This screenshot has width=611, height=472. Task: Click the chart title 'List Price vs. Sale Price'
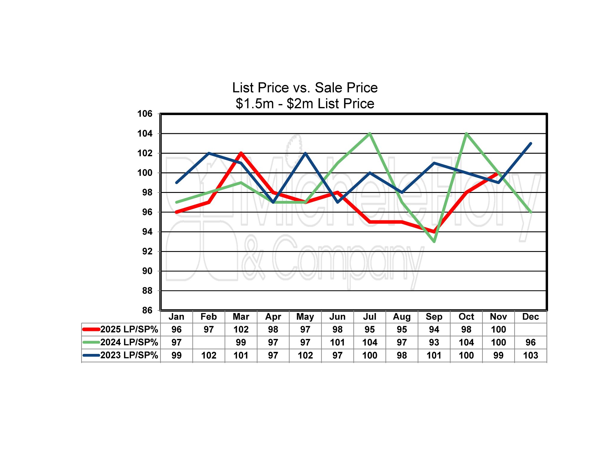[305, 88]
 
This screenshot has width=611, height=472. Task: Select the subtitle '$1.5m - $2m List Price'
[305, 104]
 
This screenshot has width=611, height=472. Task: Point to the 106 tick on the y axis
[145, 114]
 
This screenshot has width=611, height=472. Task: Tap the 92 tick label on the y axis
[147, 251]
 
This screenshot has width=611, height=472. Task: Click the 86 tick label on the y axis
[147, 310]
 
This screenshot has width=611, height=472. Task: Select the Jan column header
[176, 317]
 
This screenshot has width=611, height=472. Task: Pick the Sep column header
[434, 317]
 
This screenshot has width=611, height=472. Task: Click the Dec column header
[530, 317]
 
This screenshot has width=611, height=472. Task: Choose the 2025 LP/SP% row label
[129, 329]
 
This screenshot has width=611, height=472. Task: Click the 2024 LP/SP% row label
[129, 342]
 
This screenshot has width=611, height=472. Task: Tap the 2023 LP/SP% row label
[129, 355]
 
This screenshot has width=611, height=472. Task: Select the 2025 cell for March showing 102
[241, 329]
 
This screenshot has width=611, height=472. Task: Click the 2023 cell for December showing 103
[530, 355]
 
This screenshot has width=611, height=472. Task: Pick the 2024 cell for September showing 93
[434, 342]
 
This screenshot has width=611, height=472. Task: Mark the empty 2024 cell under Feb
[209, 342]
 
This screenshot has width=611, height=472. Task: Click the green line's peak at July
[370, 134]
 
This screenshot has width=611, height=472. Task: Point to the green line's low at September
[434, 242]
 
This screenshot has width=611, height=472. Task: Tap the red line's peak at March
[241, 153]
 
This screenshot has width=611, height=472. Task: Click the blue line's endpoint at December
[531, 143]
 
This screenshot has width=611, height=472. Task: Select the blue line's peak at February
[209, 153]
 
